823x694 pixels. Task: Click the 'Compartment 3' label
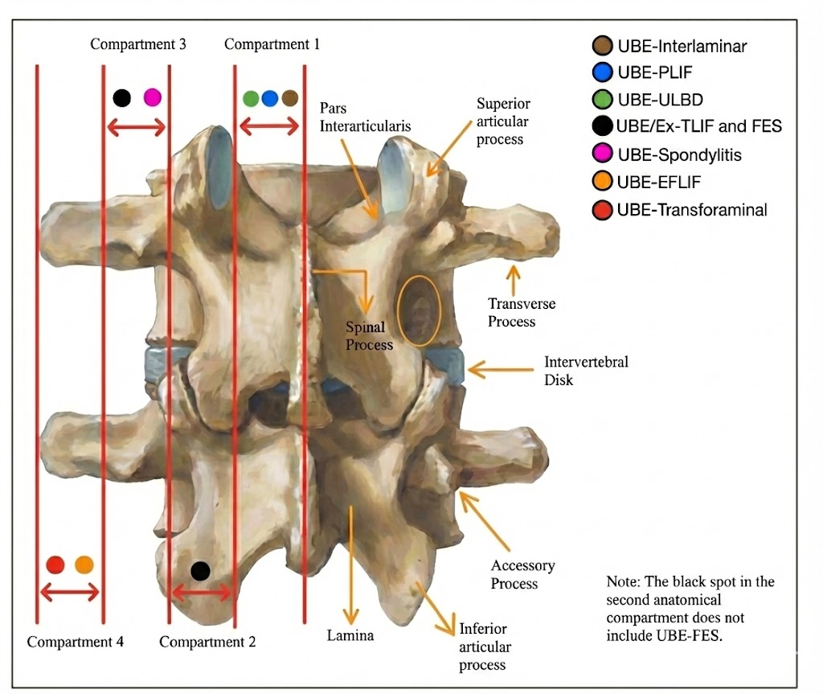tap(138, 44)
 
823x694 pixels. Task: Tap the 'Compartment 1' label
tap(272, 44)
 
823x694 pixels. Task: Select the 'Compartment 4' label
tap(76, 642)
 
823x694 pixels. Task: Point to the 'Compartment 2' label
tap(207, 642)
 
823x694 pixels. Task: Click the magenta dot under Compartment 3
tap(152, 98)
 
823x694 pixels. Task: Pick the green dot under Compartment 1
tap(251, 98)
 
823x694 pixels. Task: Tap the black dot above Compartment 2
tap(200, 571)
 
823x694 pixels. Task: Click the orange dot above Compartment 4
tap(84, 565)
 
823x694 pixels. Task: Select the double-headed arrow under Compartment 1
tap(269, 126)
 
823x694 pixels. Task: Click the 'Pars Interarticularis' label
tap(365, 117)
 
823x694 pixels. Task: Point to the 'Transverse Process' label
tap(522, 313)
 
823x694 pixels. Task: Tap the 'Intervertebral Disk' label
tap(586, 371)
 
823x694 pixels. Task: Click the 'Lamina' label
tap(350, 636)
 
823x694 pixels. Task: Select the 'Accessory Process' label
tap(522, 574)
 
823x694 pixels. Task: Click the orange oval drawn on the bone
tap(418, 310)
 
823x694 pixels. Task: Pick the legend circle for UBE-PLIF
tap(602, 72)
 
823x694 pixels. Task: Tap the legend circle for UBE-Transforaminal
tap(602, 210)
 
